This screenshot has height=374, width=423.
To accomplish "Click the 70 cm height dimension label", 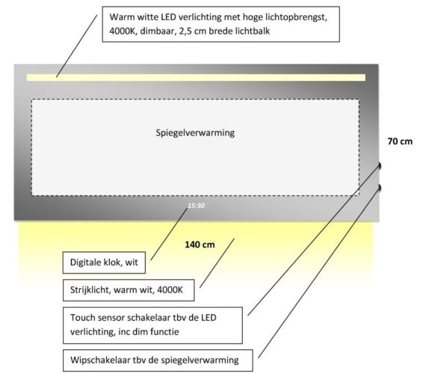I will (400, 141).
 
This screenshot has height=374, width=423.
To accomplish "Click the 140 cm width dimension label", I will (200, 245).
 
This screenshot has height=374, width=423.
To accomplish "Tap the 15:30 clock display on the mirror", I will (196, 203).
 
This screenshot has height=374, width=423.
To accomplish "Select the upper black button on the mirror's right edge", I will (381, 165).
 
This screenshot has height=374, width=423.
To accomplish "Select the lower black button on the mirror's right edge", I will (381, 186).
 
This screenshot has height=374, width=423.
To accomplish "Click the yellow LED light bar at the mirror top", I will (196, 77).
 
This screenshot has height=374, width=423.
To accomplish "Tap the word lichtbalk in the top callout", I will (250, 31).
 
